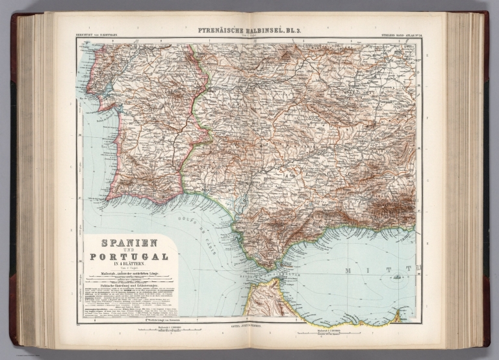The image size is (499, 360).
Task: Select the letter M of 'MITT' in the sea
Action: click(364, 267)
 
